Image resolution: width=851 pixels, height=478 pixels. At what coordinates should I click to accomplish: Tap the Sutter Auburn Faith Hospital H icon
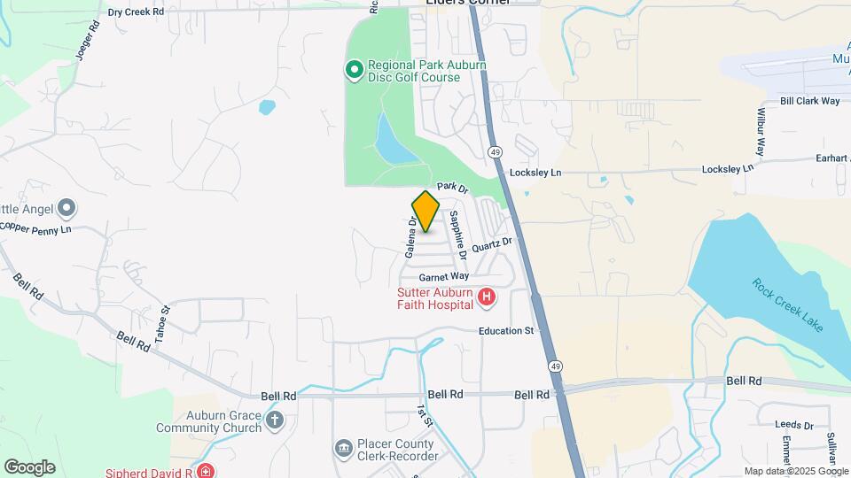coord(486,297)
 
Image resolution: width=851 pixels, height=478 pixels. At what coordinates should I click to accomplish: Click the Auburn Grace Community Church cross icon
coord(275,420)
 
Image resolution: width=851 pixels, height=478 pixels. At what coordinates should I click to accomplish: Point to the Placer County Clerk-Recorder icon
coord(343,449)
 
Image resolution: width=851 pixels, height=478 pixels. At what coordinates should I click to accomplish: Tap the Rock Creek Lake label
coord(787,305)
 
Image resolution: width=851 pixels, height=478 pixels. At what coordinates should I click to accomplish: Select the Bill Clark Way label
coord(809,101)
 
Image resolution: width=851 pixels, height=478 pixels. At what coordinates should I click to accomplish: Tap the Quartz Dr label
coord(492,244)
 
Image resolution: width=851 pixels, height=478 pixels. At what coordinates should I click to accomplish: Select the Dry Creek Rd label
coord(136,12)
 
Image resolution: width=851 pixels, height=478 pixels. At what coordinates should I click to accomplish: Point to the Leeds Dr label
coord(794,425)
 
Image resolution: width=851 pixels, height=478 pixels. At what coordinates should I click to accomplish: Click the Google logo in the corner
coord(29,466)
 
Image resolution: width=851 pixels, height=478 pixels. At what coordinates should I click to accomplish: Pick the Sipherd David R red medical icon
coord(206,472)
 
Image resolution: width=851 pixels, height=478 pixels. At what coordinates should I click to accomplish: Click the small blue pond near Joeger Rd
coord(266,108)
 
